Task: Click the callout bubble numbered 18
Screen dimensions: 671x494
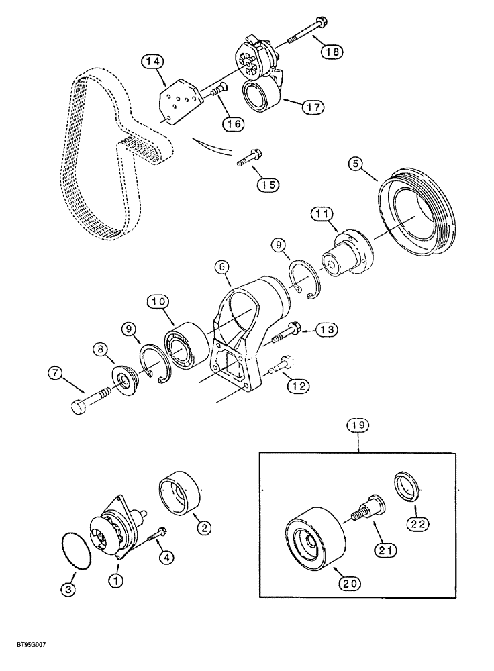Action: coord(331,50)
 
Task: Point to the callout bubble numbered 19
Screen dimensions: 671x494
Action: coord(358,425)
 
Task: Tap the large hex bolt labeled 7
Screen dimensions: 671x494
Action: coord(91,396)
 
